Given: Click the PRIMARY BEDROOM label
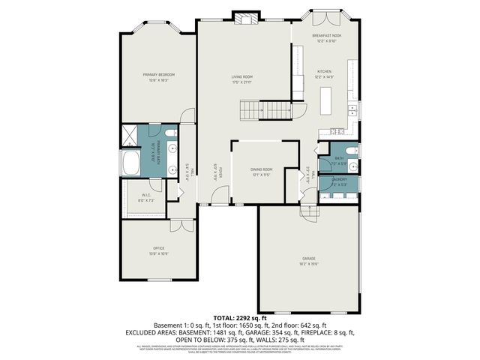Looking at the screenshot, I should click(159, 74).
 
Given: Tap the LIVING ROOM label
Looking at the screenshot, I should click(241, 76).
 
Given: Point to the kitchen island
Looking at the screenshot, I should click(326, 100).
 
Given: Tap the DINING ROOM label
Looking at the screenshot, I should click(261, 170).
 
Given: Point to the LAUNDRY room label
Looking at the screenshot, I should click(338, 180).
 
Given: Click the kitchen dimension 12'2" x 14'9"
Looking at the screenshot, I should click(324, 76).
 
